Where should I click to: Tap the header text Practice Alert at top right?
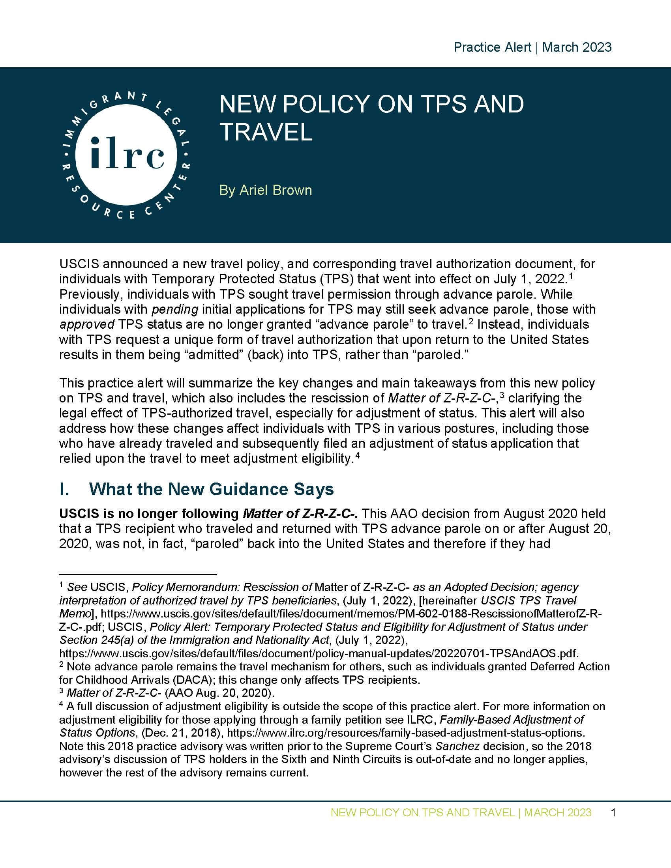coord(492,47)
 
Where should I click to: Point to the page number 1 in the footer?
coord(613,813)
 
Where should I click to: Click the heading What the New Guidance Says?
coord(211,489)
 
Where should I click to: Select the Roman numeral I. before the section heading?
coord(65,489)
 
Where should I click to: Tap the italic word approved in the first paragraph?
coord(87,324)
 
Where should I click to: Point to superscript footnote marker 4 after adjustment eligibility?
coord(358,455)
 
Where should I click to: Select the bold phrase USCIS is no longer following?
coord(150,513)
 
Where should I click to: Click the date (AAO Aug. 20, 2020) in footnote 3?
coord(219,693)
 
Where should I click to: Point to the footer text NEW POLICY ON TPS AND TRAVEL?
coord(423,813)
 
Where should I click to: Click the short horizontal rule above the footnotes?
coord(137,574)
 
